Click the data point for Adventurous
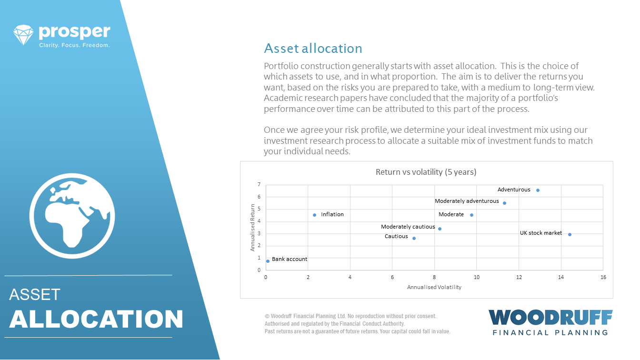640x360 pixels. point(538,190)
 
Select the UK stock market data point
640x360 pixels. point(570,235)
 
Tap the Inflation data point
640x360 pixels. point(315,215)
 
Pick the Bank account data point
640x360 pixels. point(268,261)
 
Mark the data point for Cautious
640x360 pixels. point(414,238)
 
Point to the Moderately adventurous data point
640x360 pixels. point(505,203)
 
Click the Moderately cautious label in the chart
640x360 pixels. point(408,227)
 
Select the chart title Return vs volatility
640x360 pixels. point(426,172)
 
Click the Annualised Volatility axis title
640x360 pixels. point(434,287)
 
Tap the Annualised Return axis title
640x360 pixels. point(252,228)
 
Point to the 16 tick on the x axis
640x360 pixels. point(603,277)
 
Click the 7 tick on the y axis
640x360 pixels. point(259,185)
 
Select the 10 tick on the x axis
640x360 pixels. point(477,277)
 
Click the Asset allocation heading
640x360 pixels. point(313,49)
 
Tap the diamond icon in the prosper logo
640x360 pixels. point(23,35)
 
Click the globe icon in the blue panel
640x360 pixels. point(72,216)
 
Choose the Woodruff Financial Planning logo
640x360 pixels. point(550,322)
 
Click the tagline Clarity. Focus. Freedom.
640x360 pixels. point(74,45)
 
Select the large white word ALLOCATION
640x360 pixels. point(96,319)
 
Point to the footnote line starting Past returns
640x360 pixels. point(357,331)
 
